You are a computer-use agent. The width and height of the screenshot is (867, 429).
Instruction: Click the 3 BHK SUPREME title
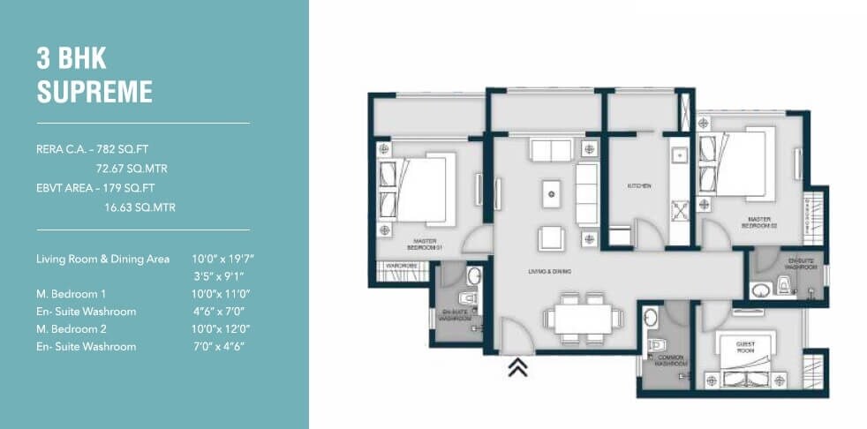point(94,76)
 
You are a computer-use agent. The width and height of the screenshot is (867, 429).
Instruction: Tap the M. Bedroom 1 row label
point(72,293)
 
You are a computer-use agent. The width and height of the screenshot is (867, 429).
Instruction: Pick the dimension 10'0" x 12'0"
point(222,328)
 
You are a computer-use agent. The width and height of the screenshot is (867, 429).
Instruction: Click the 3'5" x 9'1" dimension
point(222,275)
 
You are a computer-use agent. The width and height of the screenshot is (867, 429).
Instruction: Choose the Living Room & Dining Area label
point(102,259)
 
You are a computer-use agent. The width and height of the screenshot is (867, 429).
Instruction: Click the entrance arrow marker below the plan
point(517,368)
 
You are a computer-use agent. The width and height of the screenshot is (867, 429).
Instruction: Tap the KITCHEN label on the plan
point(639,186)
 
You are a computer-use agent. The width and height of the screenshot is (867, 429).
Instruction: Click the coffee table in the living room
point(551,191)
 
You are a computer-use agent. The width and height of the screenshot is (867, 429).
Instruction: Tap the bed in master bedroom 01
point(422,185)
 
